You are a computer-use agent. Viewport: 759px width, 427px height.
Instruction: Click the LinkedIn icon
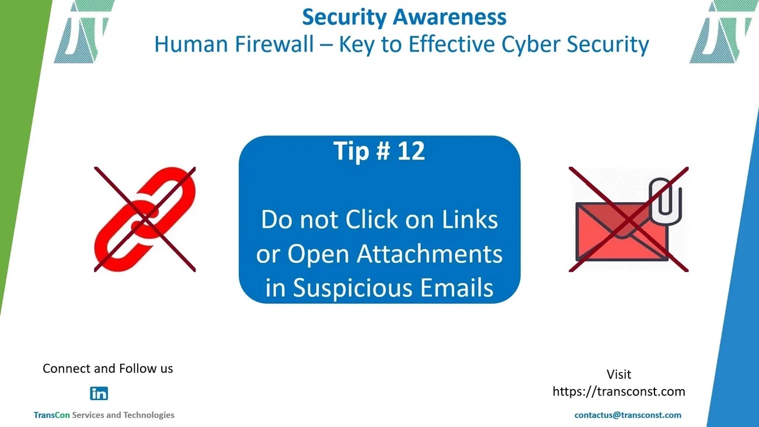(x=99, y=393)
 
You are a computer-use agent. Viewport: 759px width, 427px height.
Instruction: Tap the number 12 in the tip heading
(x=411, y=151)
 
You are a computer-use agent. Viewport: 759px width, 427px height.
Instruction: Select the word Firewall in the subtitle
(x=274, y=44)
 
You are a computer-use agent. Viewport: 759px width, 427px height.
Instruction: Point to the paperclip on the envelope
(x=665, y=200)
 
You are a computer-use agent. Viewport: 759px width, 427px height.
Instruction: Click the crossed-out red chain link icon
(x=145, y=219)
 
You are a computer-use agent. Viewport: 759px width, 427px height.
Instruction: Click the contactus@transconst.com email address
(x=628, y=415)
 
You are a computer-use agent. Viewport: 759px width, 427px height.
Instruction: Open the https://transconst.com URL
(x=619, y=391)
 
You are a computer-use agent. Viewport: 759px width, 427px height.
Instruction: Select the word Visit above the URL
(x=619, y=374)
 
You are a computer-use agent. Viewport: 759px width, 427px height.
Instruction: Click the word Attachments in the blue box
(x=430, y=254)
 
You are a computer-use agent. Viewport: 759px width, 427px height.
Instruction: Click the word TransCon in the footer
(x=51, y=415)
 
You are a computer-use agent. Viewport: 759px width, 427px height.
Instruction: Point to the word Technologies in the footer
(x=149, y=415)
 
